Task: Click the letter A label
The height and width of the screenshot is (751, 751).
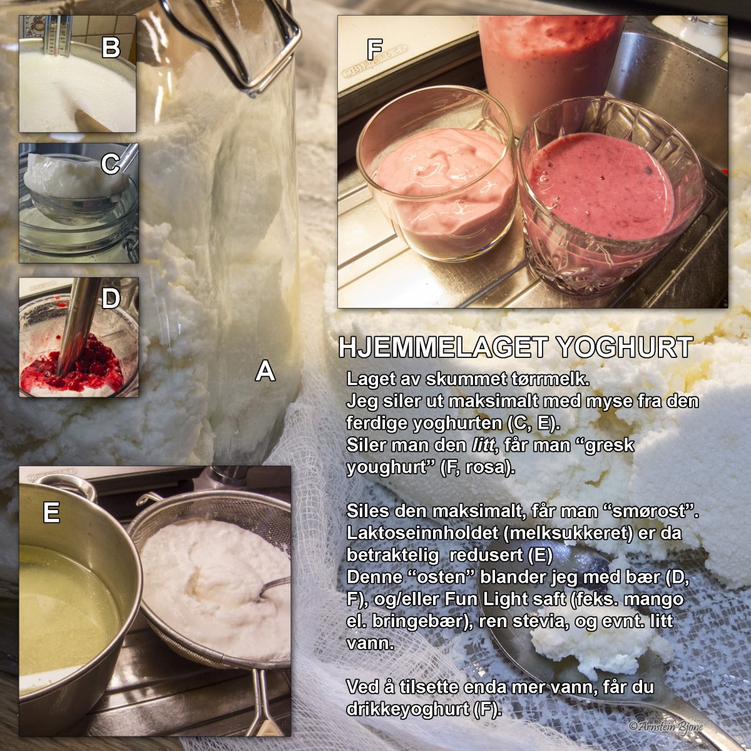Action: [x=265, y=370]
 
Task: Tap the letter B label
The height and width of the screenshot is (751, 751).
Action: [x=111, y=48]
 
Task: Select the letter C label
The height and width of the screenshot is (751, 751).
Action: [x=110, y=164]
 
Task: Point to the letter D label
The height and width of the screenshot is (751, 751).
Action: [x=111, y=299]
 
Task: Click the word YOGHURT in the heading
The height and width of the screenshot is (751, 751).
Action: [x=625, y=347]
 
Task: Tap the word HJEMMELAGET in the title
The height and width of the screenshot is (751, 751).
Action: [x=444, y=347]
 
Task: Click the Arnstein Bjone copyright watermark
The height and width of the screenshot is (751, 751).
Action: [x=666, y=725]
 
